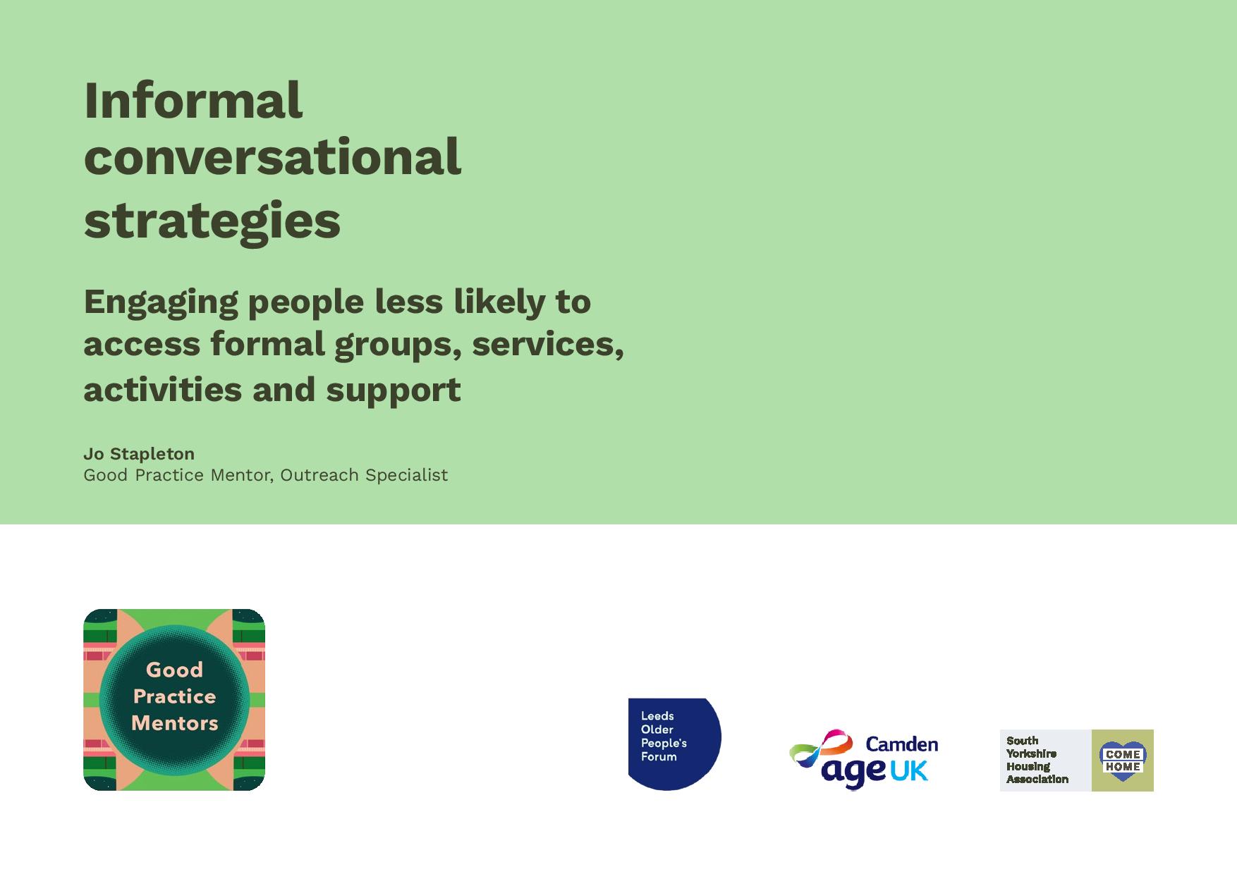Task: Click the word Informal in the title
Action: (x=193, y=100)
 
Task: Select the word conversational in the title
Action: (x=272, y=156)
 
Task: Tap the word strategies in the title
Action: (x=212, y=221)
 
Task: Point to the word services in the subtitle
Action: (x=548, y=345)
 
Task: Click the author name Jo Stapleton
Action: (x=139, y=454)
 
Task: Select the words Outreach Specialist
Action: (x=364, y=476)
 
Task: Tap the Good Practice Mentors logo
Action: (x=174, y=699)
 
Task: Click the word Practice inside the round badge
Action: (x=175, y=696)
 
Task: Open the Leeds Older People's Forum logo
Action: (x=674, y=744)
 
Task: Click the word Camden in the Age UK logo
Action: (x=901, y=744)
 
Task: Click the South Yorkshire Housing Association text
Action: (x=1037, y=760)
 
